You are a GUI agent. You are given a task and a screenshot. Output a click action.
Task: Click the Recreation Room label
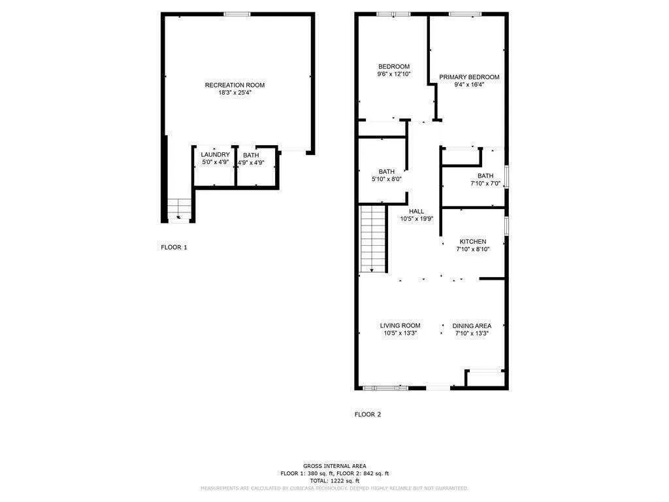coord(235,85)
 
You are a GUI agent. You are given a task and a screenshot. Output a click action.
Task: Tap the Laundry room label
coord(215,155)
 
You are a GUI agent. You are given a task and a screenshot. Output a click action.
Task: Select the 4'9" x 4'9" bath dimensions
coord(250,163)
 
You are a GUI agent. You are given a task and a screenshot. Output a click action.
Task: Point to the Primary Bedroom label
coord(469,77)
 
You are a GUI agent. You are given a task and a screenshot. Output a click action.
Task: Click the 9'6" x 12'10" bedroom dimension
coord(393,75)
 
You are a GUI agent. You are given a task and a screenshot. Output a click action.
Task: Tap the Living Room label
coord(400,326)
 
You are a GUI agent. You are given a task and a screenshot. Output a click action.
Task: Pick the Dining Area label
coord(472,326)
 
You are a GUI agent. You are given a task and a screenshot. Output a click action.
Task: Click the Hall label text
coord(417,211)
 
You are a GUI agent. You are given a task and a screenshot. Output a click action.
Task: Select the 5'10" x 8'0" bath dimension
coord(386,179)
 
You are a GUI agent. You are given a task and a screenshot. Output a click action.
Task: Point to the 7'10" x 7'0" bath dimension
coord(485,184)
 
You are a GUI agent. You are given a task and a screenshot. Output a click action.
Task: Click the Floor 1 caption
coord(174,247)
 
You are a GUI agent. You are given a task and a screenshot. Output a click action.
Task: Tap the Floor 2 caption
coord(367,414)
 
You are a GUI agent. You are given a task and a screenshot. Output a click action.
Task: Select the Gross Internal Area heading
coord(334,466)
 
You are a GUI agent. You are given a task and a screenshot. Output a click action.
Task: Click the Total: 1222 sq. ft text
coord(334,480)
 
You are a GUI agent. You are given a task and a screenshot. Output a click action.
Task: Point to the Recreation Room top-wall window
coord(237,14)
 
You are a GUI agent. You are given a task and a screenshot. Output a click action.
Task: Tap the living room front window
coord(386,388)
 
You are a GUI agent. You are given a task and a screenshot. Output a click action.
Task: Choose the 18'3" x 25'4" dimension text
coord(235,93)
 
